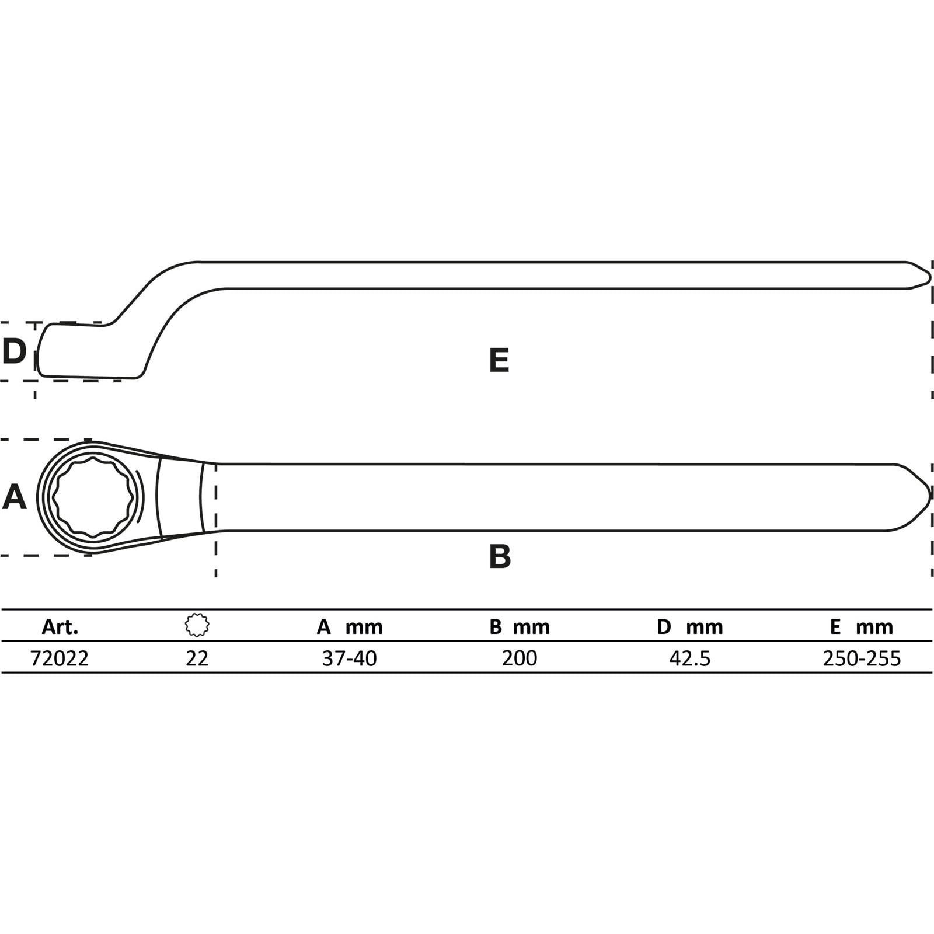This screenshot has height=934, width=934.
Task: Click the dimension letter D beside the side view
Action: click(14, 351)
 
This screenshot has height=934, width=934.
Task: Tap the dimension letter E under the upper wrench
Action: click(499, 360)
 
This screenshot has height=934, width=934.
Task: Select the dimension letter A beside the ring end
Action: click(15, 497)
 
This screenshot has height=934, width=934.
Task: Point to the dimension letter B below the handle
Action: click(500, 556)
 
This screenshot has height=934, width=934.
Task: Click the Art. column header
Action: click(60, 627)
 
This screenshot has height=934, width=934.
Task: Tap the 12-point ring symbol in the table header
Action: click(197, 625)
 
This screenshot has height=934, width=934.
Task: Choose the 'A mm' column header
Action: click(350, 627)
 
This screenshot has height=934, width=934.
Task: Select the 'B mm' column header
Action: click(520, 627)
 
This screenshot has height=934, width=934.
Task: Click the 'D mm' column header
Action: click(690, 627)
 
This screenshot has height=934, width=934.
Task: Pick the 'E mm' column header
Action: click(862, 627)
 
